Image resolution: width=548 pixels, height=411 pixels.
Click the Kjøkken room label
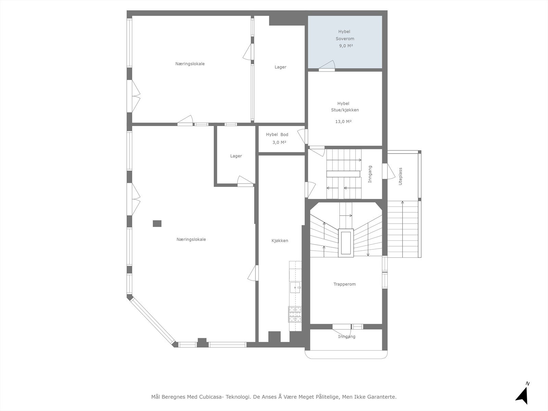280,241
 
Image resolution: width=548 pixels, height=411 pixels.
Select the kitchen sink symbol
294,288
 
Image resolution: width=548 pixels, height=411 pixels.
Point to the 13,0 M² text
343,122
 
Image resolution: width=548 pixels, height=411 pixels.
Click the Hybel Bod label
277,135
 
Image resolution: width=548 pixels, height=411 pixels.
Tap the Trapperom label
345,284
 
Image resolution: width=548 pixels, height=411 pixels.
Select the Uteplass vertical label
400,176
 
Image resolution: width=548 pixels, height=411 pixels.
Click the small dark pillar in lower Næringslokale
157,224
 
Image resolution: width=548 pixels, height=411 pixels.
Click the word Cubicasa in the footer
211,397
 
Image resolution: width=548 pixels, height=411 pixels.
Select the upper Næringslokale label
190,64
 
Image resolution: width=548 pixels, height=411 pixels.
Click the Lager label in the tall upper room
280,67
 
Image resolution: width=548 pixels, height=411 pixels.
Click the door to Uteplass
389,171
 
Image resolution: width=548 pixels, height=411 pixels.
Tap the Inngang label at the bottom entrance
347,337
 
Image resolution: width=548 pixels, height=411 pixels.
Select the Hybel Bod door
302,136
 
